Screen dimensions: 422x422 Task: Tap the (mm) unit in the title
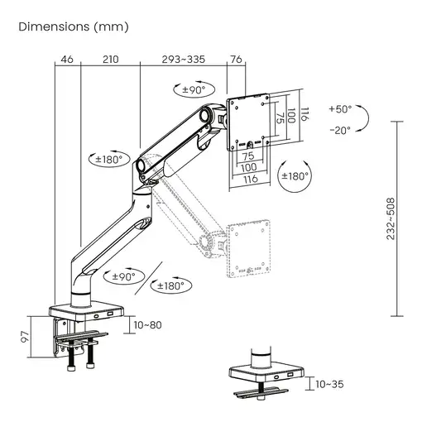pyautogui.click(x=111, y=26)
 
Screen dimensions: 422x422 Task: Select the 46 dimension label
pyautogui.click(x=67, y=59)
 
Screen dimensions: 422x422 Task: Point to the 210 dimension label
pyautogui.click(x=110, y=59)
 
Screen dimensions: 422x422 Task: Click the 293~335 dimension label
pyautogui.click(x=183, y=59)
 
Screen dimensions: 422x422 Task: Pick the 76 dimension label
pyautogui.click(x=236, y=59)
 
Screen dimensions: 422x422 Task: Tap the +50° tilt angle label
pyautogui.click(x=339, y=109)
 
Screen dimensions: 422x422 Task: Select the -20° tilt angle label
pyautogui.click(x=339, y=130)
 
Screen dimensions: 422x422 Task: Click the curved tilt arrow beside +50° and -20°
pyautogui.click(x=370, y=119)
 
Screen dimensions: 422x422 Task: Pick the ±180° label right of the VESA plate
pyautogui.click(x=295, y=175)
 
